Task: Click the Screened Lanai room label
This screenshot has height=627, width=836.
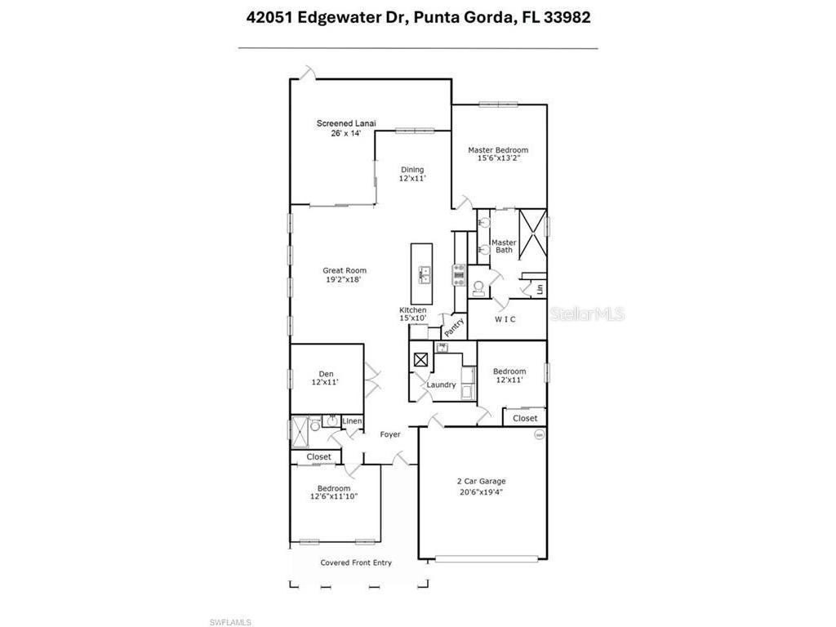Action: pos(340,123)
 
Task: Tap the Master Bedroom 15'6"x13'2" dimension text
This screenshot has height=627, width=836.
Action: pos(498,158)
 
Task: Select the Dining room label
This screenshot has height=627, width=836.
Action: pos(412,170)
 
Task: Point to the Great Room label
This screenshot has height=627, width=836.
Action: pos(345,270)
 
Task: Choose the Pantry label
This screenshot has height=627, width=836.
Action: pos(454,327)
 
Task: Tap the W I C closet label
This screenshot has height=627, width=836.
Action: pos(505,319)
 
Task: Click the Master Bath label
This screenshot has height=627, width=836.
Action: pos(504,246)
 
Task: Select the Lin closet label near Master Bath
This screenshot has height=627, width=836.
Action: pos(540,289)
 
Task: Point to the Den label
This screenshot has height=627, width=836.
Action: pos(325,375)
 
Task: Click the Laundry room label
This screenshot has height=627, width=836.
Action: pos(442,385)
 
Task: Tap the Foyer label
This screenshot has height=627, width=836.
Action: pos(390,434)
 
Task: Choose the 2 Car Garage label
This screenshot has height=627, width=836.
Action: pos(481,482)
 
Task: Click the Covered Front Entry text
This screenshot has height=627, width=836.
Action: pos(356,563)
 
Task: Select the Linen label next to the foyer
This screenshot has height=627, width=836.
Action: pos(352,421)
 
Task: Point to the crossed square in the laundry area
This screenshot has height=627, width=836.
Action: pos(421,359)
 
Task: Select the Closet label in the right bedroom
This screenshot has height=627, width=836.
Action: pos(525,418)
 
